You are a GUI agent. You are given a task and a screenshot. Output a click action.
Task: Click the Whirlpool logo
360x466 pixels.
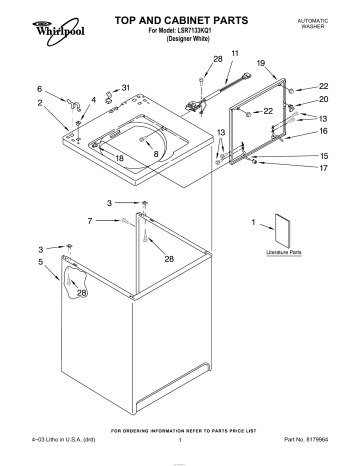tap(32, 23)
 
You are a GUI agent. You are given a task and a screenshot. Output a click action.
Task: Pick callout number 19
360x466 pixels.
tap(261, 63)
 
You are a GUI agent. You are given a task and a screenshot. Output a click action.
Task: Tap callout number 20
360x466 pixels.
tap(323, 101)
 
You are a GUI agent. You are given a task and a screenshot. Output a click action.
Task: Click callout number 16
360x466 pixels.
tap(323, 131)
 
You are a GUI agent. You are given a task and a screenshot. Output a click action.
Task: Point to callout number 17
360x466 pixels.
tap(323, 168)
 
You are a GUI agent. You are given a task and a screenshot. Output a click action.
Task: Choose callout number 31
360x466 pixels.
tap(125, 88)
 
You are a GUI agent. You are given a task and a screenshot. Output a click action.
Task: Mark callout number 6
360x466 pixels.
tap(39, 89)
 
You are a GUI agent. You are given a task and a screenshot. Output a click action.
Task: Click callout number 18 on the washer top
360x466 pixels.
tap(119, 158)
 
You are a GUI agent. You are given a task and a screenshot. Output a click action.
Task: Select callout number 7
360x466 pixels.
tap(90, 219)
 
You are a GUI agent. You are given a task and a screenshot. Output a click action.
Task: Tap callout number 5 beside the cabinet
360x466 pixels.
tap(40, 262)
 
